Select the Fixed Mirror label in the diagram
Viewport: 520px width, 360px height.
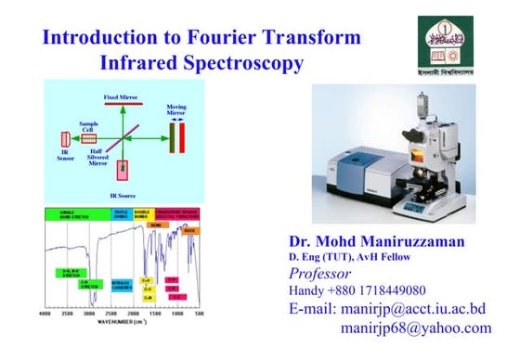[x=122, y=96]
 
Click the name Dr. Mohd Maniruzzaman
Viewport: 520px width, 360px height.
[x=380, y=240]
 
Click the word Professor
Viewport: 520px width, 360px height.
[x=320, y=274]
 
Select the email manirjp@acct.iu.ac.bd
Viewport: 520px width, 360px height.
[x=388, y=309]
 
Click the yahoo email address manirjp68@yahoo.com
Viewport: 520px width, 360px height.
[x=415, y=328]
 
